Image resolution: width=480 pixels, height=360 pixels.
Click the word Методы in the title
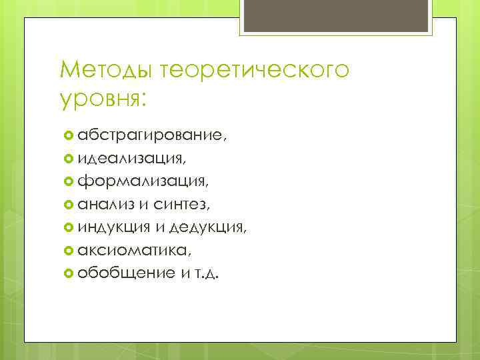(102, 70)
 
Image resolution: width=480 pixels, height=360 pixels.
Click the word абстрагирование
(151, 136)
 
